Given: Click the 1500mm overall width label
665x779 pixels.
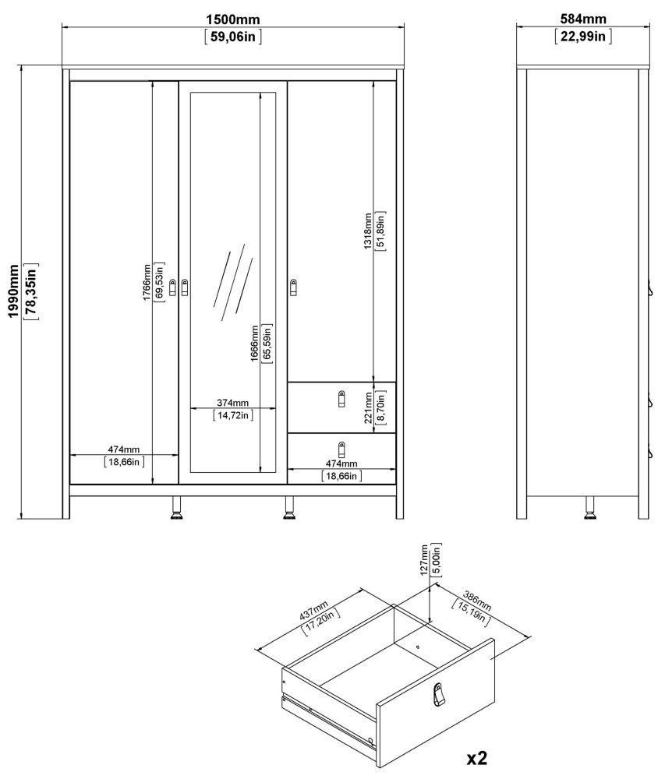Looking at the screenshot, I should pos(233,19).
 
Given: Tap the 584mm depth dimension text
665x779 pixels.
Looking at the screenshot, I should pos(583,19).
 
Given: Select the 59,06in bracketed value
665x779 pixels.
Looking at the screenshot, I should pos(233,36).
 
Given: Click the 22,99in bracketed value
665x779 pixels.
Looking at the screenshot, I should pos(583,36).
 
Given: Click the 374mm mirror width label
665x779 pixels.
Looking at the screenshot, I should pos(232,402).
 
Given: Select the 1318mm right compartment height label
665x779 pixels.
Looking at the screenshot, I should pos(367,231).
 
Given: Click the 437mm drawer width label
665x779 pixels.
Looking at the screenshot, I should pos(314,609).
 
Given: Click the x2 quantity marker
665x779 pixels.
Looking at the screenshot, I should pos(477,756).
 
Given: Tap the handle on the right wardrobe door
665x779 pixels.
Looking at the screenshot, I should pos(294,287).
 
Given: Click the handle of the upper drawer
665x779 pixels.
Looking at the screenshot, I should pos(341,398).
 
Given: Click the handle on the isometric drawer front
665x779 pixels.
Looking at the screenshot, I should pos(440,695).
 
